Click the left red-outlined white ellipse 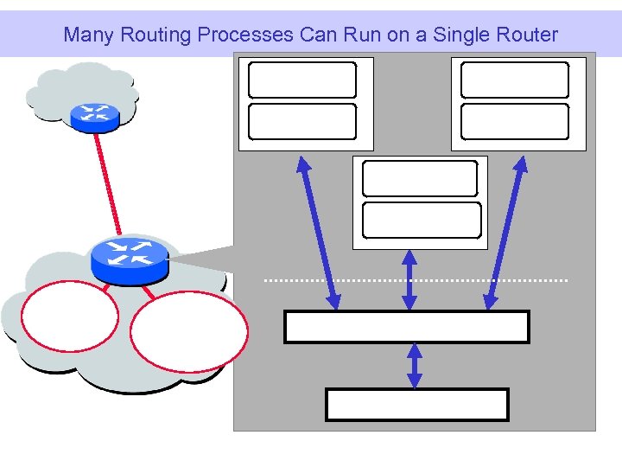(69, 322)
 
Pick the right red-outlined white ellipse (189, 331)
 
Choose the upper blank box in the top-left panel (302, 80)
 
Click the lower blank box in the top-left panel (302, 121)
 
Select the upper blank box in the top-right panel (515, 80)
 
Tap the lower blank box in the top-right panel (515, 121)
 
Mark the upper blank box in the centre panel (420, 179)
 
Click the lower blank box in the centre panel (422, 220)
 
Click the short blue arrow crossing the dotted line (409, 280)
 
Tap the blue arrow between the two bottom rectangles (415, 366)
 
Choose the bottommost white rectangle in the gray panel (416, 404)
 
